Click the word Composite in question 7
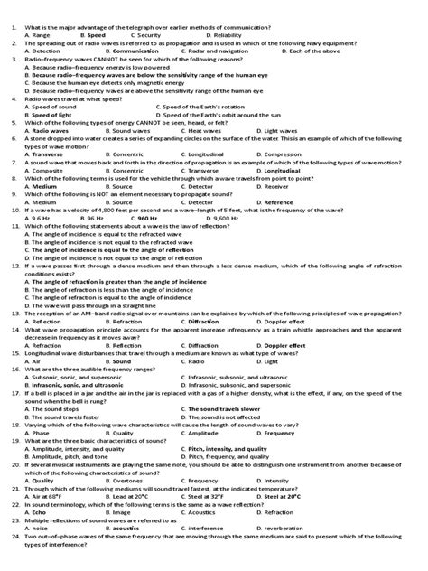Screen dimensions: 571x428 44,169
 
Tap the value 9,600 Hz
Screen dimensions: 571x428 222,218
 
